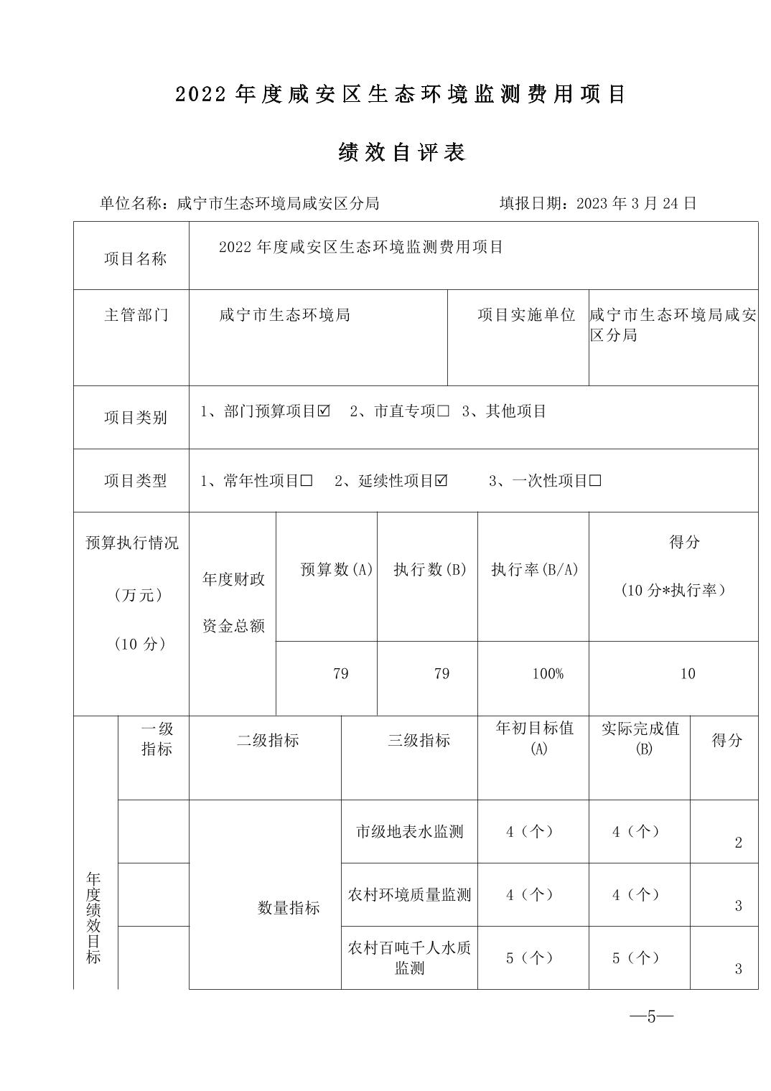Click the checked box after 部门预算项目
(324, 411)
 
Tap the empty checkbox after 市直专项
(443, 411)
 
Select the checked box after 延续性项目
(441, 481)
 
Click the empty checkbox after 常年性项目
(307, 481)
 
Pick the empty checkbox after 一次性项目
(595, 481)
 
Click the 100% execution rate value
(548, 674)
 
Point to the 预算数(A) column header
(337, 570)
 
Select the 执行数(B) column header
(430, 570)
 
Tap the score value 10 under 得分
(688, 674)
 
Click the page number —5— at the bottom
(651, 1016)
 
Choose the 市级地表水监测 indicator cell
(409, 832)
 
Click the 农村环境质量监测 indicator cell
(409, 895)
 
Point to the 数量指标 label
(289, 908)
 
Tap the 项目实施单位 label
(527, 315)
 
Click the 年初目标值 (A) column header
(534, 738)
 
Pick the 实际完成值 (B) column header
(640, 738)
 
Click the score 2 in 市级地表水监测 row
(738, 843)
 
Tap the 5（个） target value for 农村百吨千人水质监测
(530, 958)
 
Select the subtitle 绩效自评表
(402, 152)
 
